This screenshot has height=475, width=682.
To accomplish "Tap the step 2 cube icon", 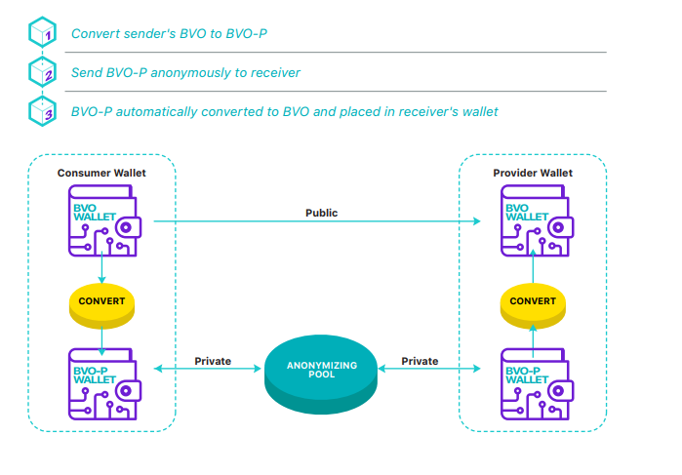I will [41, 73].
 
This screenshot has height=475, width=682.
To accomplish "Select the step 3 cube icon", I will [41, 111].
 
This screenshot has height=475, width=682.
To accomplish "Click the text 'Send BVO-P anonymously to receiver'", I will [185, 73].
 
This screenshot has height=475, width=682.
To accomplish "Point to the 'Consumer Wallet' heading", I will [101, 174].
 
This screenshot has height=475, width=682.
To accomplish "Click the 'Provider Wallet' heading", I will [533, 174].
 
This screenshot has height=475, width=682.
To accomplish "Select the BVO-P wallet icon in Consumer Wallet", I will [102, 381].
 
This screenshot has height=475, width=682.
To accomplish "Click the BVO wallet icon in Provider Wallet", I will [534, 221].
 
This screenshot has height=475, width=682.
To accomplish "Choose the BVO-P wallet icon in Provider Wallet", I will [534, 381].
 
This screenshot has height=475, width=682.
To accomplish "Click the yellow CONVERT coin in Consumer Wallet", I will [102, 301].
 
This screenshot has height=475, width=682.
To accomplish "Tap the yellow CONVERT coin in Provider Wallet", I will [534, 301].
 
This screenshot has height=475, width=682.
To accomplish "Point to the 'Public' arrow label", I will [322, 213].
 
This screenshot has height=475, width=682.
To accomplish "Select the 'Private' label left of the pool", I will [213, 361].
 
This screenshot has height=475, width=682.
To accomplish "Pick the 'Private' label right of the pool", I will [421, 361].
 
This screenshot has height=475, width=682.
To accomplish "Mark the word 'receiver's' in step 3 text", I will [422, 111].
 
